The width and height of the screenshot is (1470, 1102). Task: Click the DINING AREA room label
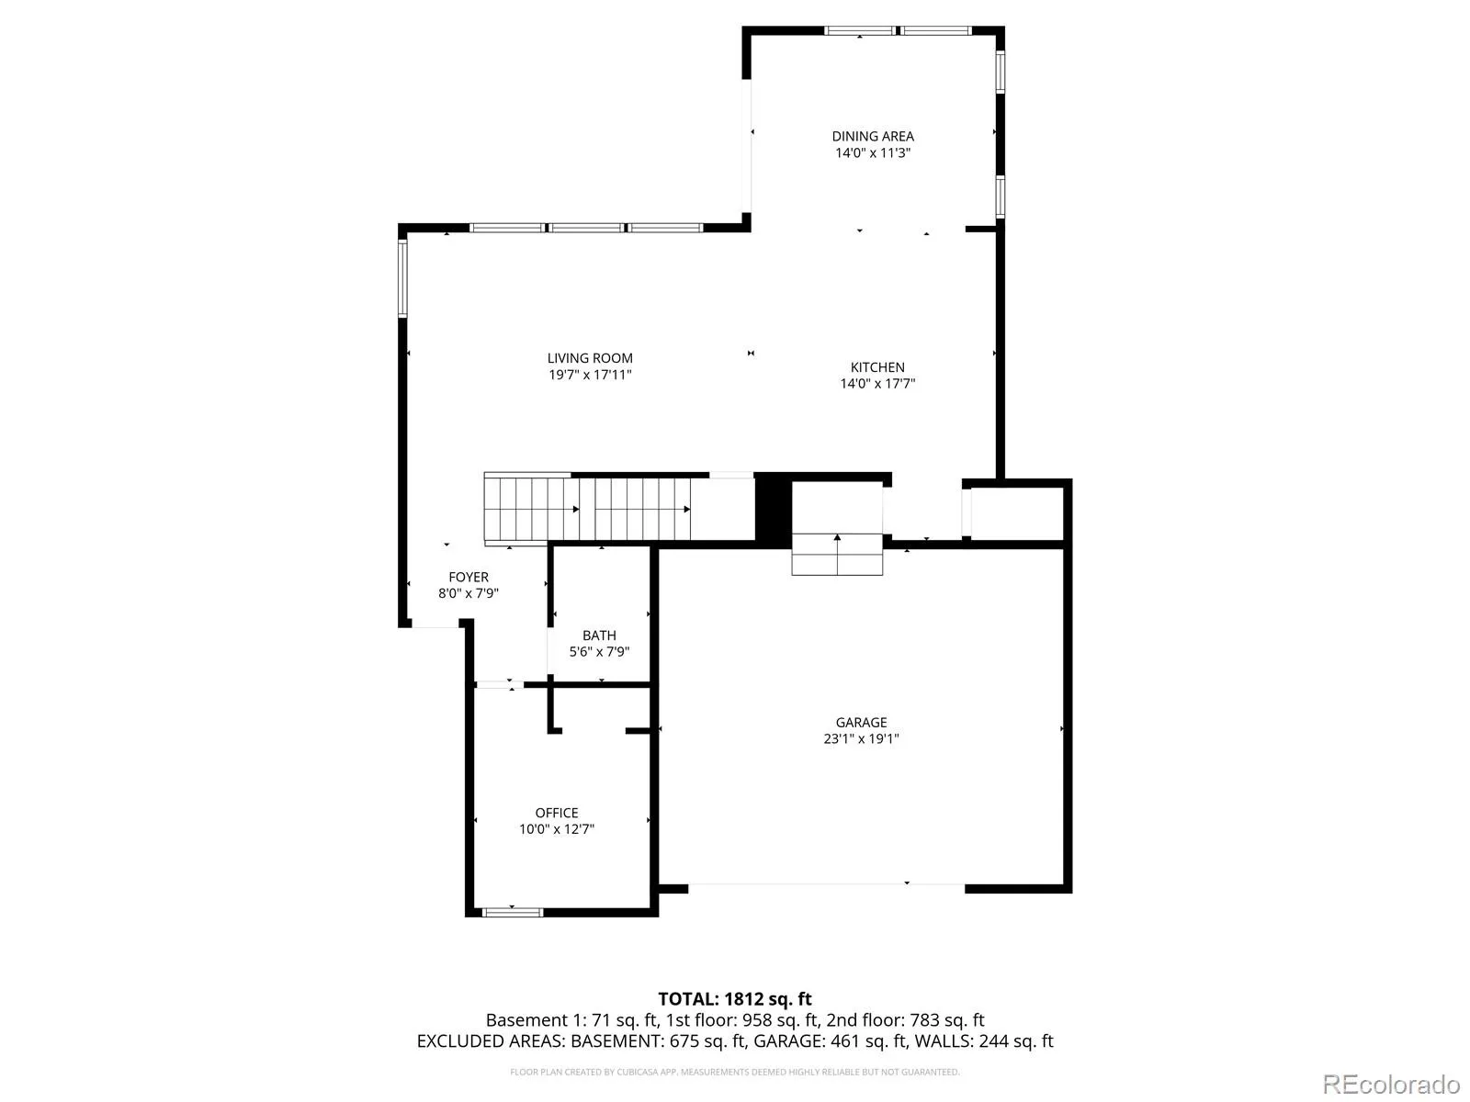873,137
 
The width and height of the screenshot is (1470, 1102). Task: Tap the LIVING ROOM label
589,359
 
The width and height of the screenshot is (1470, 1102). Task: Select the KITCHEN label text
877,367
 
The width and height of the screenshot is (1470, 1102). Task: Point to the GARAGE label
861,723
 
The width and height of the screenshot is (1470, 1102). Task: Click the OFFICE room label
557,813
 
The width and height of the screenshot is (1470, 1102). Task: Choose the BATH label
599,635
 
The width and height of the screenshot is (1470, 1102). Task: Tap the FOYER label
469,577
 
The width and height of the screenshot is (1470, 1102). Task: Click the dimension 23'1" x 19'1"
861,738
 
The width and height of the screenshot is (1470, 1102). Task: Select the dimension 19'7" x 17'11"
590,375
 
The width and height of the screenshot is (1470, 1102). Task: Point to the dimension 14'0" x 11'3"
873,152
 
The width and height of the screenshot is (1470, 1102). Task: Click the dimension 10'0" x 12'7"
557,829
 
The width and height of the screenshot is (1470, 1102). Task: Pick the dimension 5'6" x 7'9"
599,652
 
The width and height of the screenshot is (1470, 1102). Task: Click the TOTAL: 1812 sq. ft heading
735,999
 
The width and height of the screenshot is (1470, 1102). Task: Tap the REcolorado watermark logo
1391,1084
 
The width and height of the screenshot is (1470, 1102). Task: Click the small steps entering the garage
837,554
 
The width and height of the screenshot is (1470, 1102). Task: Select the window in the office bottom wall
513,912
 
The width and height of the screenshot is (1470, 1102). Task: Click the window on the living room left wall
402,278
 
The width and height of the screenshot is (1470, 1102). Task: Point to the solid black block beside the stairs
773,510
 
